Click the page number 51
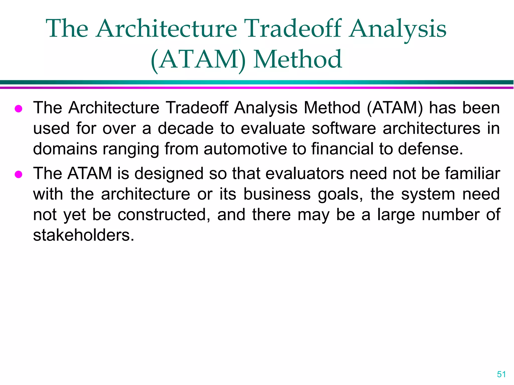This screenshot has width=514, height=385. click(x=501, y=374)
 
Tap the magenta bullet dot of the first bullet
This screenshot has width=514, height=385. click(x=19, y=109)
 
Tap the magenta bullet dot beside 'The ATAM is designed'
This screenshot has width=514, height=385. click(x=19, y=174)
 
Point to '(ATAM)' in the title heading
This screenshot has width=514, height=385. click(x=198, y=60)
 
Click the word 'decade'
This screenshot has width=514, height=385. click(x=186, y=128)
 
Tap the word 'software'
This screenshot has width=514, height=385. click(x=344, y=128)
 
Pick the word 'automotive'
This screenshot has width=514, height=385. click(x=245, y=149)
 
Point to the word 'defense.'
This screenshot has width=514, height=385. click(x=430, y=149)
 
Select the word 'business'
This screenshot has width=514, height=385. click(x=277, y=194)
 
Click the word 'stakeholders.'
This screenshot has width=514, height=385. click(x=84, y=235)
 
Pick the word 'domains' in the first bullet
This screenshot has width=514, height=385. click(x=65, y=149)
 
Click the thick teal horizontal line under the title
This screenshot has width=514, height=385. click(x=257, y=82)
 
